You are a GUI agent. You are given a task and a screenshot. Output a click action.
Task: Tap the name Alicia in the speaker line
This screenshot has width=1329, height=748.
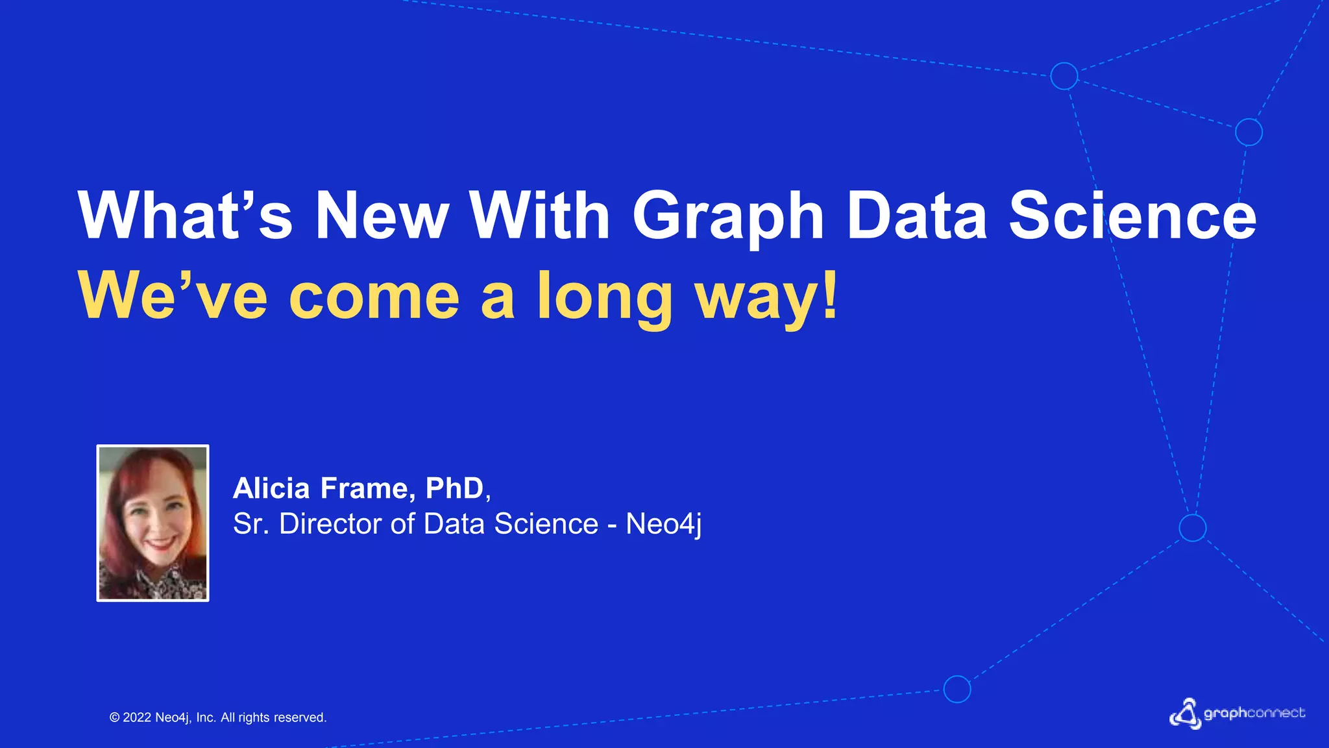271,488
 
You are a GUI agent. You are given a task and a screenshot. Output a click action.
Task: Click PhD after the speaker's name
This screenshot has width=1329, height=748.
454,488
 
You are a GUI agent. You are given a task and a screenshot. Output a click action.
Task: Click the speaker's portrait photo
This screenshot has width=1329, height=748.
153,523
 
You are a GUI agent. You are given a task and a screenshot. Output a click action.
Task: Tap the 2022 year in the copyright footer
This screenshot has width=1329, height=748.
137,717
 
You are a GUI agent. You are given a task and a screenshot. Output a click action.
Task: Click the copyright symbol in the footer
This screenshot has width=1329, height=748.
115,717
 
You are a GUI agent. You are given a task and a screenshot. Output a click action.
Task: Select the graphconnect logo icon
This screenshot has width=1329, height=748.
1185,714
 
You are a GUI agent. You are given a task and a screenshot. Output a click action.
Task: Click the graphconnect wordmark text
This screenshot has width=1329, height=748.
1254,714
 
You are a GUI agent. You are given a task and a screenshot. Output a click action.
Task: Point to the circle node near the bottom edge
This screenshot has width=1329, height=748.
957,689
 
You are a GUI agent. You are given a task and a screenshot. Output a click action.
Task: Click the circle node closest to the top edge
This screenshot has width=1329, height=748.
1064,76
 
